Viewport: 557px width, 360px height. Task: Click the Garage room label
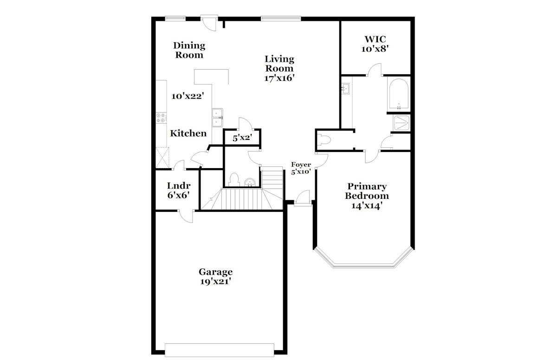point(215,272)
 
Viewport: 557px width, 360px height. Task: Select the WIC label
point(375,39)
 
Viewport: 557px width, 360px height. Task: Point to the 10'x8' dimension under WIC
point(375,49)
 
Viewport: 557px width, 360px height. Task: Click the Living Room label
point(279,64)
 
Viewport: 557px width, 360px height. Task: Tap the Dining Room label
point(189,50)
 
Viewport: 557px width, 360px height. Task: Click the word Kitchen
point(188,133)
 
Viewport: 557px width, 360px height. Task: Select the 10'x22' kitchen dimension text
point(188,96)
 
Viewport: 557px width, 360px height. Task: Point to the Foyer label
point(301,165)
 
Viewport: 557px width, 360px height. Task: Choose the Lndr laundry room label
point(179,186)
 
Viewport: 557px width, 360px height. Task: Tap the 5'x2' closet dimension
point(242,137)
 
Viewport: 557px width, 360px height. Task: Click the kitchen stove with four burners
point(161,118)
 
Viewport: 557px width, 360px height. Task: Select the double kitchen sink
point(217,118)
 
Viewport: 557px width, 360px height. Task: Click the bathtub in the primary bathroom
point(399,94)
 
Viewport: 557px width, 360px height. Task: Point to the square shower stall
point(402,123)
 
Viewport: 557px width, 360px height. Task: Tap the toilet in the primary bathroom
point(324,140)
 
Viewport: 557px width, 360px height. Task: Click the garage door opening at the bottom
point(219,350)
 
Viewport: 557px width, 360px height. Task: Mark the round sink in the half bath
point(250,183)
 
